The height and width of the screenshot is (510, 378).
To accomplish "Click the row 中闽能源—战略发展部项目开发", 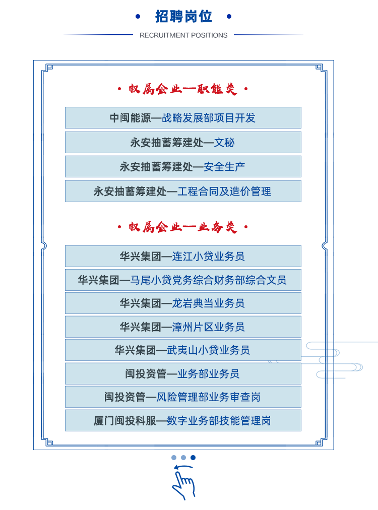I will (182, 118).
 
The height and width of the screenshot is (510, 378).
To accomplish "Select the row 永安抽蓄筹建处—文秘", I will (182, 143).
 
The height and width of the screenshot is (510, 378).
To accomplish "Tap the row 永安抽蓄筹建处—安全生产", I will (182, 167).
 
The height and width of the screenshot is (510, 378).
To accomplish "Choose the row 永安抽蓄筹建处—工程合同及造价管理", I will (182, 192).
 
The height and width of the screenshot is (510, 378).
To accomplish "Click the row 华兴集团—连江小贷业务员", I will (182, 257).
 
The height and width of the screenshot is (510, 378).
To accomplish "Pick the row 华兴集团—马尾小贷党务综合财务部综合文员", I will (182, 280).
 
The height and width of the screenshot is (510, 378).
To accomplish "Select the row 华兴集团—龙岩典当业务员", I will (182, 303).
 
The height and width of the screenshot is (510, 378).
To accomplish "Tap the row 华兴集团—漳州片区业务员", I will (182, 327).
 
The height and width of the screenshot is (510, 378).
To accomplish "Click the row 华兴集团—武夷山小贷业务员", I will (182, 350).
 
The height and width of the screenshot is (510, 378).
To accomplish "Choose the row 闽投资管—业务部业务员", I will (182, 374).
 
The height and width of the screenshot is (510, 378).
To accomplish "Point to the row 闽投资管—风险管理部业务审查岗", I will (182, 397).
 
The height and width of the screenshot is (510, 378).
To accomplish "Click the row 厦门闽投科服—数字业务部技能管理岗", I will (182, 421).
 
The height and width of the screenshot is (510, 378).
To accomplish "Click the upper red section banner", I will (182, 89).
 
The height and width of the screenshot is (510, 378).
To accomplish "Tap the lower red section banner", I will (182, 227).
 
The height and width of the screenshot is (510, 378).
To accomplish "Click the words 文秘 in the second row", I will (224, 143).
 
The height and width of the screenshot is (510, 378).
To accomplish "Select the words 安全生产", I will (224, 167).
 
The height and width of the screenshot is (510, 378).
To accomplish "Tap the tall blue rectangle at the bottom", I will (184, 482).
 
